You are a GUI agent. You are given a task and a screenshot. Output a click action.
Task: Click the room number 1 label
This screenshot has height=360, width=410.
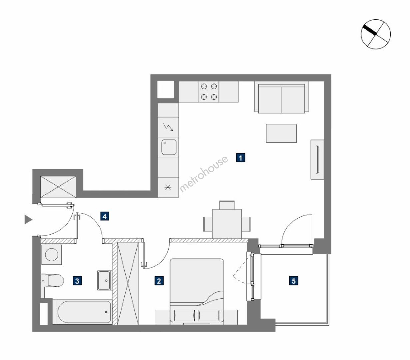241,158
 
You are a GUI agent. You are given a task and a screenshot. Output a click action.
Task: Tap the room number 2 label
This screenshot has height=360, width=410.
159,281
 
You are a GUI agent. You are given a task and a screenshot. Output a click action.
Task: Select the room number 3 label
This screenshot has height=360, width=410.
77,281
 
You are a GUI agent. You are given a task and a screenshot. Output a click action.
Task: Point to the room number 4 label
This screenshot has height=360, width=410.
105,216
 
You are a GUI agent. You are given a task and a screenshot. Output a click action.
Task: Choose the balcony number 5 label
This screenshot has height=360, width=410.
293,281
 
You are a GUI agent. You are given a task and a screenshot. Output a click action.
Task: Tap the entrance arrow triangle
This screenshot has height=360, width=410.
28,220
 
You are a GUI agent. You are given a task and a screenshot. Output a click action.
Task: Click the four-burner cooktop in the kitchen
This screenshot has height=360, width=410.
209,92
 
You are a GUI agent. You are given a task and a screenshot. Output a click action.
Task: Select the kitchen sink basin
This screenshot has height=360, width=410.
169,147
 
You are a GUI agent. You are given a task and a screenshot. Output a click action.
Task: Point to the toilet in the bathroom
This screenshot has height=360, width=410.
52,280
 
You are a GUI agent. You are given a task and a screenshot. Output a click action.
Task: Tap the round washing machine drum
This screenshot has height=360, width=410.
52,255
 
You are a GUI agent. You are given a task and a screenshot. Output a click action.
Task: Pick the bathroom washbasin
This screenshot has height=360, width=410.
104,280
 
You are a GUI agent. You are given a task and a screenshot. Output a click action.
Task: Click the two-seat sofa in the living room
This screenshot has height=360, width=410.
281,97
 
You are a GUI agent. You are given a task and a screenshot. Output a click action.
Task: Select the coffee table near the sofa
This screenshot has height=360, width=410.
281,133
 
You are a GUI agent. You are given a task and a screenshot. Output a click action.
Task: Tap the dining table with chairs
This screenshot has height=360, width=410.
227,220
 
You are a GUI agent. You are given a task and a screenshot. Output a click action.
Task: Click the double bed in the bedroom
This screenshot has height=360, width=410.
197,292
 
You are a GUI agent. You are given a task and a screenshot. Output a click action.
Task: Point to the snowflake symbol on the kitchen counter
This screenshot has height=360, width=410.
168,188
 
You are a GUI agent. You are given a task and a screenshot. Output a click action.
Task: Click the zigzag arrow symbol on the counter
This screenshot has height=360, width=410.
168,127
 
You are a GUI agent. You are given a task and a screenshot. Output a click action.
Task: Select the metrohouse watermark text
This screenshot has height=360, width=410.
203,174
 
